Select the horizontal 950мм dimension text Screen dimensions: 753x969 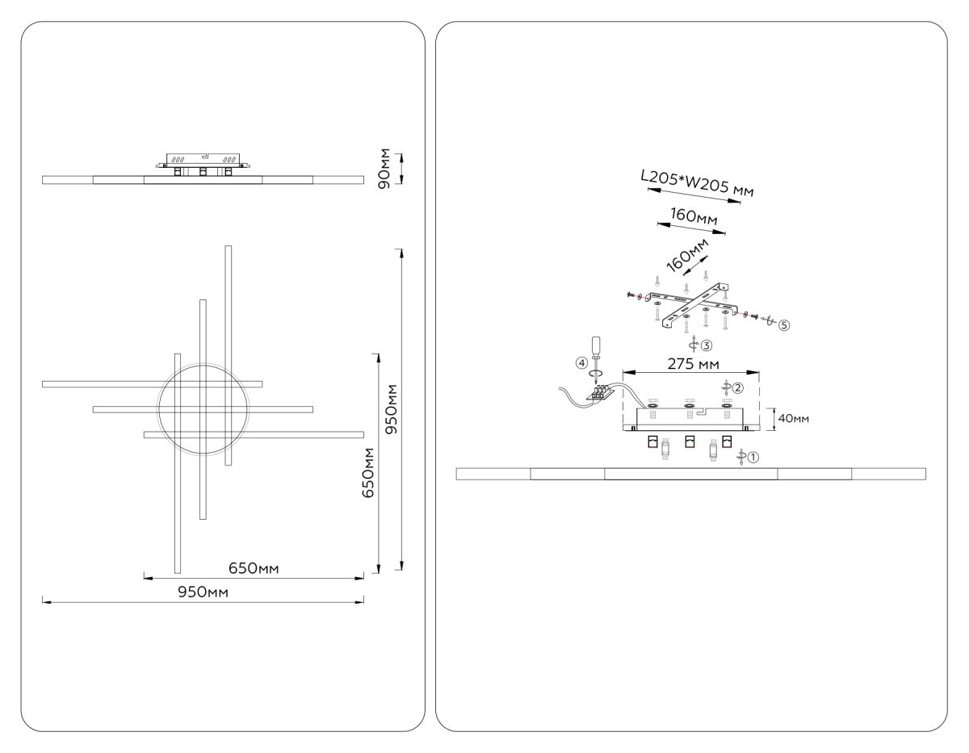coord(203,592)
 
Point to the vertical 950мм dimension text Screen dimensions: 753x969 coord(391,409)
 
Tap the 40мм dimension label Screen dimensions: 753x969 coord(792,419)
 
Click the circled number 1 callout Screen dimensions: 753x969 coord(753,457)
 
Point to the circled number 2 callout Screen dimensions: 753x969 coord(738,387)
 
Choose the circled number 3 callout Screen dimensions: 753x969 coord(706,345)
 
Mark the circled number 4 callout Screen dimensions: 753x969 coord(581,363)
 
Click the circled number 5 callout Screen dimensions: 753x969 coord(783,324)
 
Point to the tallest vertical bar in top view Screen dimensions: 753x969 coord(229,355)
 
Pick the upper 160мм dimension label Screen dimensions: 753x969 coord(694,217)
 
